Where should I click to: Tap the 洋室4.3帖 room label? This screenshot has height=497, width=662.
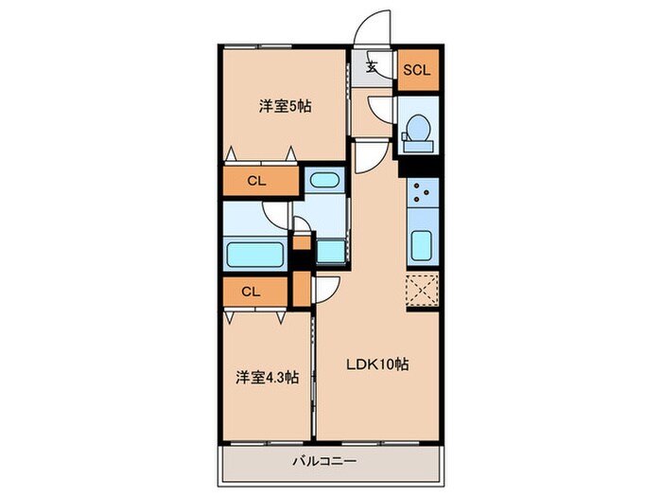267,377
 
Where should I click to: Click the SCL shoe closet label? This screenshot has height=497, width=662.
418,70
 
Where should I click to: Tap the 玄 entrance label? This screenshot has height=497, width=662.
372,66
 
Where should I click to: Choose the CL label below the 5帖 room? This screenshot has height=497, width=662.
256,179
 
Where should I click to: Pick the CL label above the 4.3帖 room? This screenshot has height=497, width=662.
251,292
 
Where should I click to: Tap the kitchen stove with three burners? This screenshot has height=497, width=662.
420,195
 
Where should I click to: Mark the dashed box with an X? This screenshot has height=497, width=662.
420,290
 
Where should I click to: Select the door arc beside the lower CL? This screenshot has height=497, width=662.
326,288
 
